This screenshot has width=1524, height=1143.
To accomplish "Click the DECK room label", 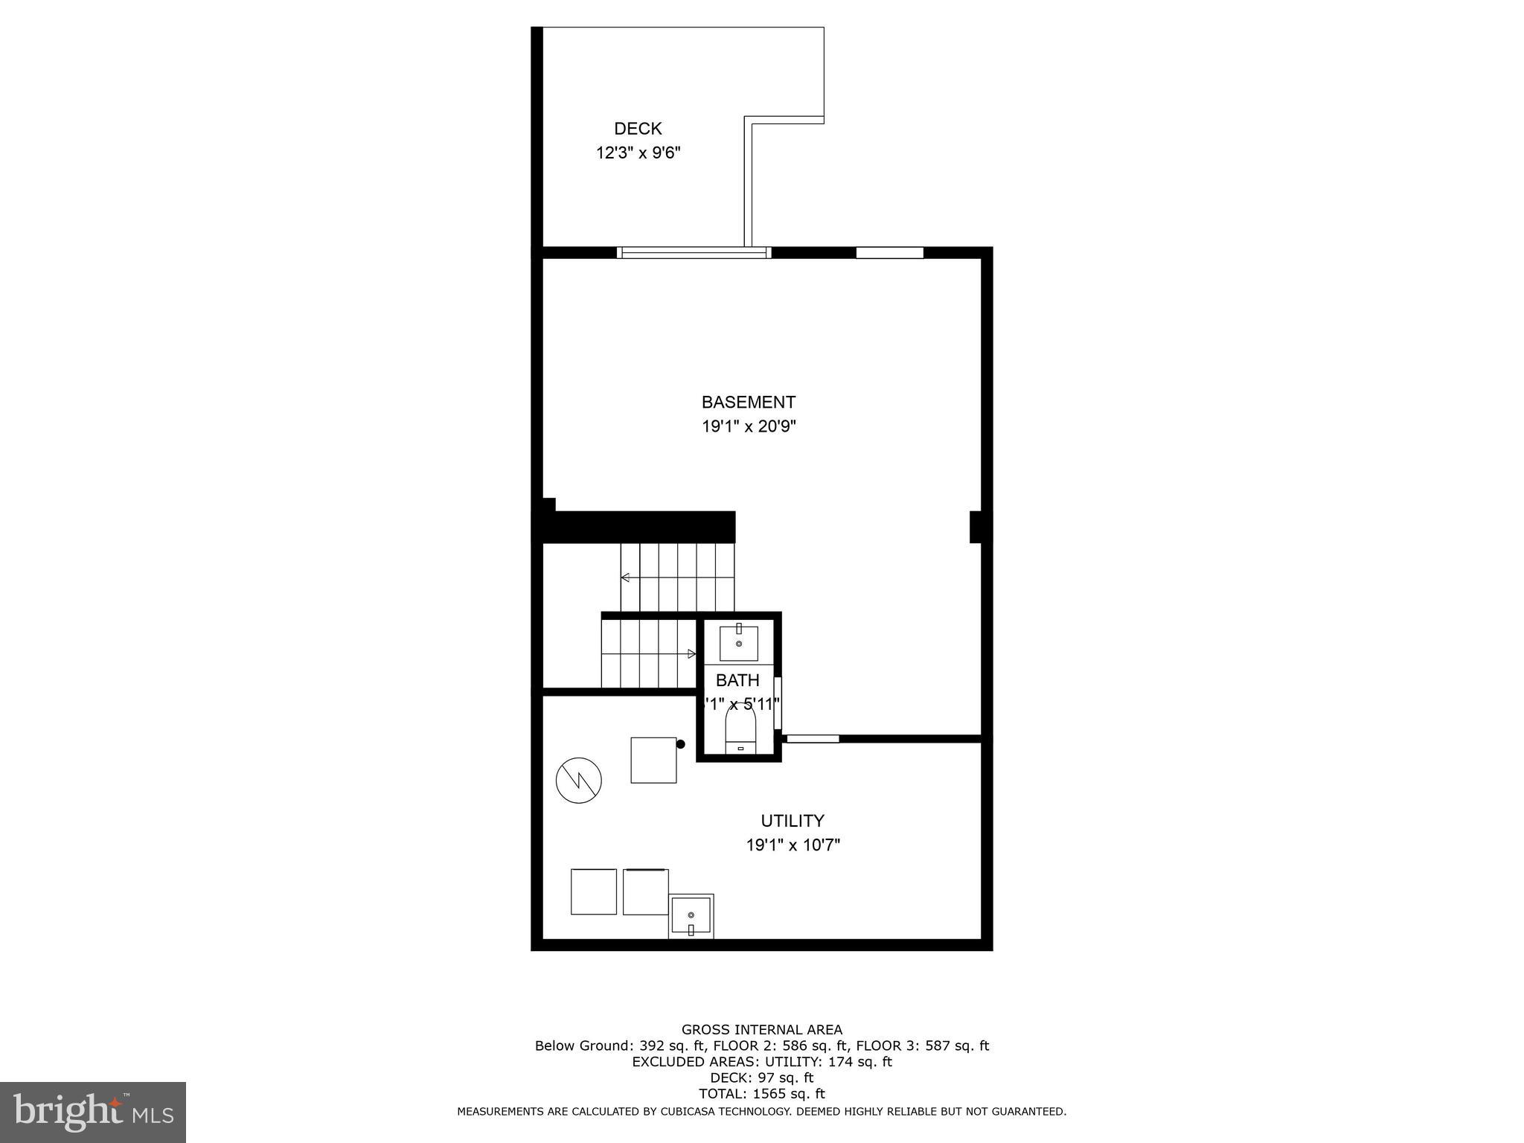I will pyautogui.click(x=638, y=129).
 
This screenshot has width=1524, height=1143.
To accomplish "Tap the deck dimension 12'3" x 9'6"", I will pyautogui.click(x=638, y=153).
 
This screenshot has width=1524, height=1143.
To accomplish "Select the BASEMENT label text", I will pyautogui.click(x=748, y=403).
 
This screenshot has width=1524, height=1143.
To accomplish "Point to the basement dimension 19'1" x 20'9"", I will pyautogui.click(x=749, y=427).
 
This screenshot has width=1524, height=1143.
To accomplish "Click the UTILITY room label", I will pyautogui.click(x=792, y=821).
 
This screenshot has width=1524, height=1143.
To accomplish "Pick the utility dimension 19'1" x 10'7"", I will pyautogui.click(x=793, y=845).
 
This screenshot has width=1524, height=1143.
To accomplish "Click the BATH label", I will pyautogui.click(x=737, y=680).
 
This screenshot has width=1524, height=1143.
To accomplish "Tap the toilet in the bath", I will pyautogui.click(x=740, y=729).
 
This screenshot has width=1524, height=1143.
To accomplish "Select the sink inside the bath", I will pyautogui.click(x=738, y=643).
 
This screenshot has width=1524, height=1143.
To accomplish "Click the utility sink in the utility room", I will pyautogui.click(x=691, y=916).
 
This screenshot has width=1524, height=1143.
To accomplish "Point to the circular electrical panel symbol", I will pyautogui.click(x=579, y=781).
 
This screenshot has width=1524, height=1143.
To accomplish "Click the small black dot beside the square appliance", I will pyautogui.click(x=680, y=744).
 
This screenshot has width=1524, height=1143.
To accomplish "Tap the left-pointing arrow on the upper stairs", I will pyautogui.click(x=626, y=577).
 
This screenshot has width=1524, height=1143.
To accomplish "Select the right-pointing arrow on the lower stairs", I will pyautogui.click(x=691, y=654).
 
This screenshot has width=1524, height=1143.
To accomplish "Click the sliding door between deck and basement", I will pyautogui.click(x=694, y=253).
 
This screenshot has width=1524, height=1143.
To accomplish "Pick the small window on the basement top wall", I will pyautogui.click(x=889, y=253).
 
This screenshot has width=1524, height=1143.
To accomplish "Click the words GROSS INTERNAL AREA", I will pyautogui.click(x=762, y=1030).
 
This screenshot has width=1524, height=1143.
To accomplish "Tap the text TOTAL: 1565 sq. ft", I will pyautogui.click(x=762, y=1094).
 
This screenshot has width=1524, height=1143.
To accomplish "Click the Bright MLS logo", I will pyautogui.click(x=93, y=1112).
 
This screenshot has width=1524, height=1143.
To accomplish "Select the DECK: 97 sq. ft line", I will pyautogui.click(x=762, y=1078).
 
